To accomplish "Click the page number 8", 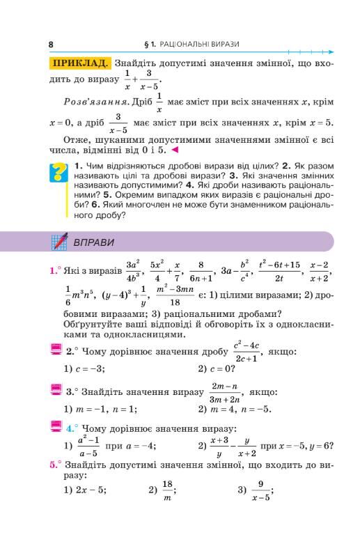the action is coord(51,44).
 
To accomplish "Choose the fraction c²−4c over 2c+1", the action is coord(246,351).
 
